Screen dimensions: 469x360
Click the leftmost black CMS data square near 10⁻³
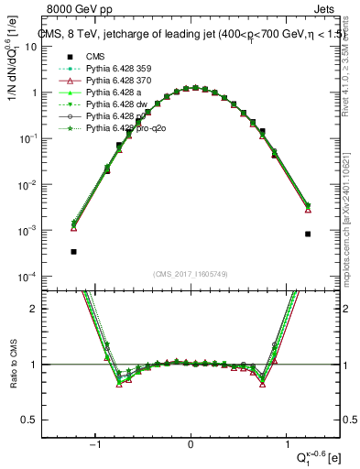[x=73, y=251]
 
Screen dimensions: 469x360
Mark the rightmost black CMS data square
[x=308, y=234]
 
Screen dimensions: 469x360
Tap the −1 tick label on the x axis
[x=94, y=446]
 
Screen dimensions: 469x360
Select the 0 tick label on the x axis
[x=191, y=446]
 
